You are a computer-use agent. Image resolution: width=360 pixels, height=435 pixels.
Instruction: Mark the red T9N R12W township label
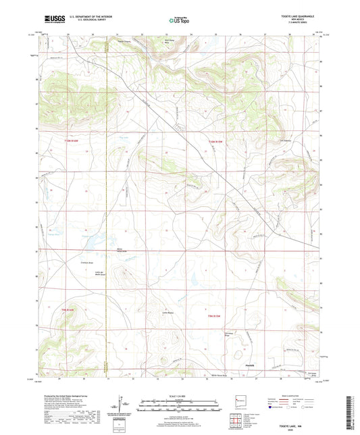(x=215, y=316)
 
